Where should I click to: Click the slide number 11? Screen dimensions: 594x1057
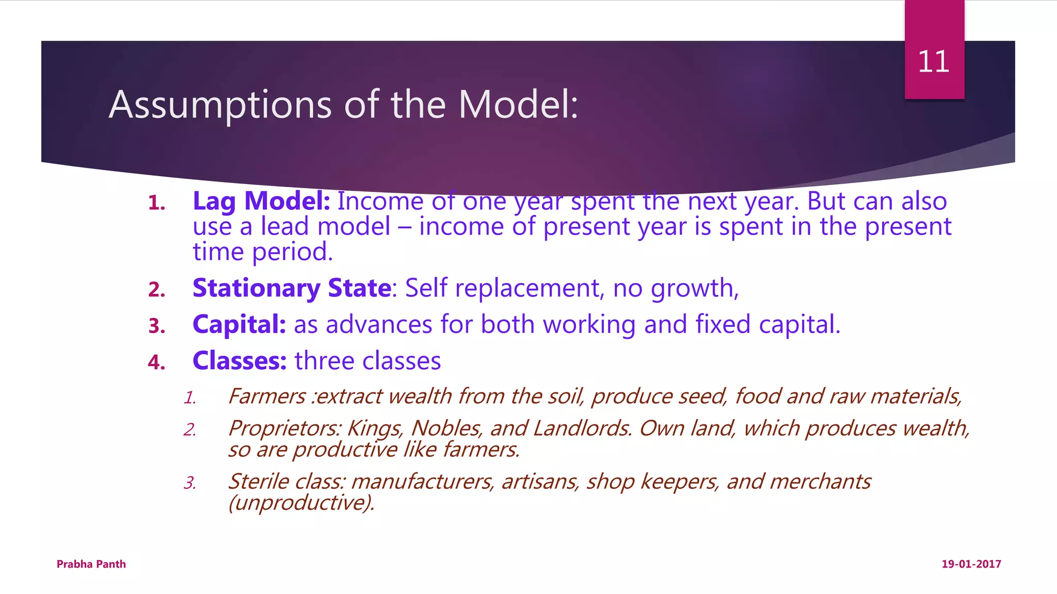tap(933, 62)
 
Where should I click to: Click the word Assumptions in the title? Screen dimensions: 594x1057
tap(220, 105)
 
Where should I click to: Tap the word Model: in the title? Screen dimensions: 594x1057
tap(518, 105)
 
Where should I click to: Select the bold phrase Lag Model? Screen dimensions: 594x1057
tap(261, 201)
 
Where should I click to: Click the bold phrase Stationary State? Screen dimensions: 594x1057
tap(292, 288)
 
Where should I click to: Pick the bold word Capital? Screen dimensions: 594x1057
tap(239, 324)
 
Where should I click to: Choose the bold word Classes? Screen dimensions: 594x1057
tap(239, 361)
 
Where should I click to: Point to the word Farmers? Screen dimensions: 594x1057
tap(267, 397)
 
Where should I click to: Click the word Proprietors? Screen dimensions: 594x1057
tap(284, 428)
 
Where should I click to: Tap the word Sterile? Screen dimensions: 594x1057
tap(259, 482)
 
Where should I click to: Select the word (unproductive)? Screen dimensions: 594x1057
tap(301, 503)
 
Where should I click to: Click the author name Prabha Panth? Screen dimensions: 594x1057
tap(91, 564)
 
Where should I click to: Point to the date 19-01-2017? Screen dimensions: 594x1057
tap(971, 564)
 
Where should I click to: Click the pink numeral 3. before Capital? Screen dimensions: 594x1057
tap(156, 326)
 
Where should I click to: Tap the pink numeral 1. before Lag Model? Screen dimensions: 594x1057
tap(156, 203)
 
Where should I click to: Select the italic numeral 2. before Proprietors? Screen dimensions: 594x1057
tap(189, 430)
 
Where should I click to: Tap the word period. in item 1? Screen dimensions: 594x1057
tap(292, 252)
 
